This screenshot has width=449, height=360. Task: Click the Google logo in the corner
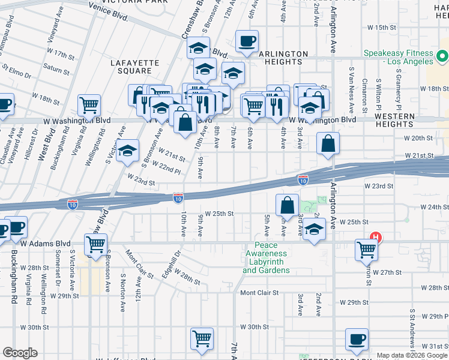click(20, 353)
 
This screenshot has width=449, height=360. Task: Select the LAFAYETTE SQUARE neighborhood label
click(135, 67)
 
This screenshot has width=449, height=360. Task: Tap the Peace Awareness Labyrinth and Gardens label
click(266, 257)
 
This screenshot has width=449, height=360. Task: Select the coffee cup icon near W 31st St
click(357, 338)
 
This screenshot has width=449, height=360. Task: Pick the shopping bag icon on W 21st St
click(328, 144)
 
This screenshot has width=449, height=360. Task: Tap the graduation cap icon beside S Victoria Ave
click(127, 152)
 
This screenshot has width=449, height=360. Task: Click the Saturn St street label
click(57, 70)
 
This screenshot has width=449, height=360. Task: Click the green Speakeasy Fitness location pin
click(442, 58)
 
